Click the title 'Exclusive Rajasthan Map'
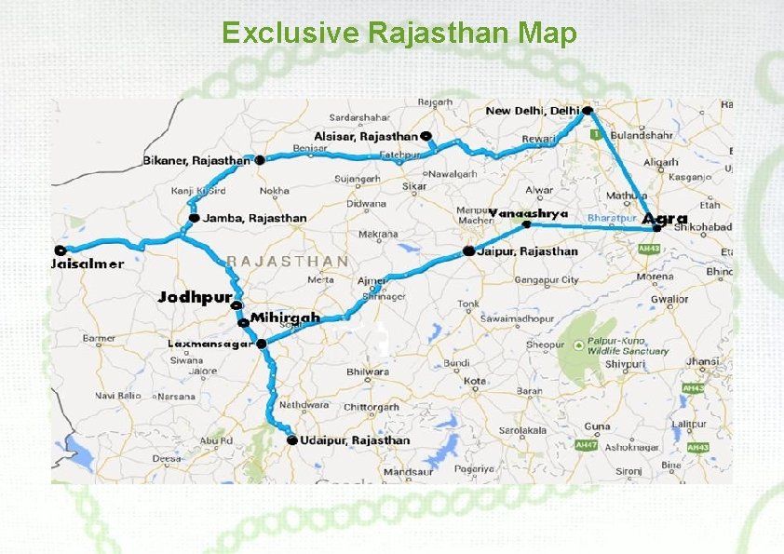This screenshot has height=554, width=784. pyautogui.click(x=399, y=34)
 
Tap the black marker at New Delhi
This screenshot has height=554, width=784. pyautogui.click(x=587, y=110)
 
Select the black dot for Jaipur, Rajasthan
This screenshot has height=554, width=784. pyautogui.click(x=468, y=251)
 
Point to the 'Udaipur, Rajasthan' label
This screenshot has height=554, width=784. pyautogui.click(x=355, y=440)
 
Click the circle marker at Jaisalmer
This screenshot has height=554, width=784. pyautogui.click(x=61, y=250)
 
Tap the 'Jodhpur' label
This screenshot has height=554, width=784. pyautogui.click(x=195, y=297)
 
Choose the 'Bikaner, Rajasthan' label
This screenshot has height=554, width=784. pyautogui.click(x=196, y=160)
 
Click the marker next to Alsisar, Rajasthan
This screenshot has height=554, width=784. pyautogui.click(x=426, y=136)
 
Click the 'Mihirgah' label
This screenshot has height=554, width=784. pyautogui.click(x=285, y=318)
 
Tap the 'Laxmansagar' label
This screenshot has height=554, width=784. pyautogui.click(x=210, y=344)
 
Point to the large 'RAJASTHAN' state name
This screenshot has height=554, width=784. pyautogui.click(x=288, y=262)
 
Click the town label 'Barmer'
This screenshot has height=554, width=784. pyautogui.click(x=100, y=338)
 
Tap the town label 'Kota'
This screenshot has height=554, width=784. pyautogui.click(x=476, y=381)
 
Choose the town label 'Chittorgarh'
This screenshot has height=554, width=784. pyautogui.click(x=372, y=407)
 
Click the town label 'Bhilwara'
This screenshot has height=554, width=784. pyautogui.click(x=368, y=372)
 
